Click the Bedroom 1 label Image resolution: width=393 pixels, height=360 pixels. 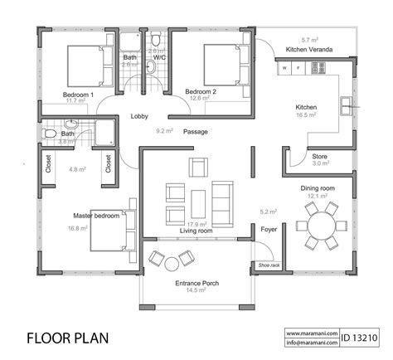(x=79, y=95)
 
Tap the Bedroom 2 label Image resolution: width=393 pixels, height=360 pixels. (x=200, y=90)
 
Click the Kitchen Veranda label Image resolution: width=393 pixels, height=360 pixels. (x=308, y=50)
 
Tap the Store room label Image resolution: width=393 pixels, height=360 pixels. (x=319, y=155)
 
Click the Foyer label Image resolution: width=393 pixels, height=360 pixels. (x=268, y=229)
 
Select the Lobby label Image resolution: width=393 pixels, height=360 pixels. (x=138, y=117)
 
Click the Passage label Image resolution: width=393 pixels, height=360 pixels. (x=196, y=131)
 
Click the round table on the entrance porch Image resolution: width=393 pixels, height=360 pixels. (x=172, y=263)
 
